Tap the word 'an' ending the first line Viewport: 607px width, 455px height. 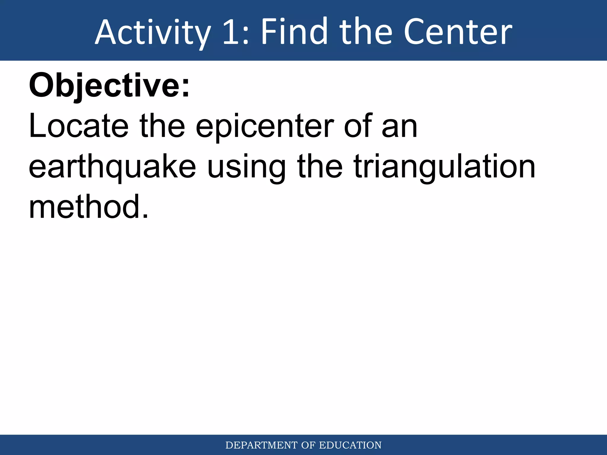pyautogui.click(x=400, y=129)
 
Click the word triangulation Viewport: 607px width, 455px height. pyautogui.click(x=445, y=167)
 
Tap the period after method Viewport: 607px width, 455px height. pyautogui.click(x=145, y=216)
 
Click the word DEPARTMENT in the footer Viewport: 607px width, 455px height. pyautogui.click(x=261, y=445)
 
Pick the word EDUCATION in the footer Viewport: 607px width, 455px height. pyautogui.click(x=350, y=445)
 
